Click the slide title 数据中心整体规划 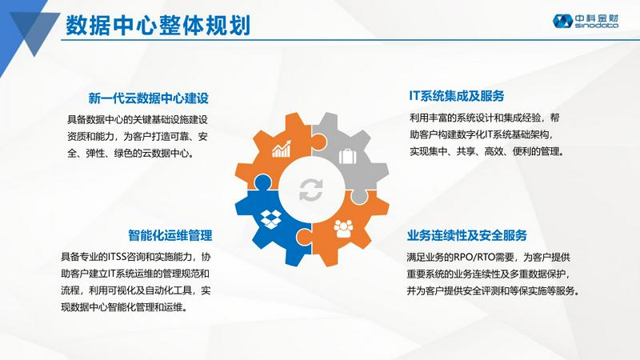158,26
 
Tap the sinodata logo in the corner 586,21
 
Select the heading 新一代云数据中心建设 149,98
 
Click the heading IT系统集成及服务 457,96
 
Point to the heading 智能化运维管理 170,235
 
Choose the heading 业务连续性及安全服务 467,235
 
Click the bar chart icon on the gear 282,149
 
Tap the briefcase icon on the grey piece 347,156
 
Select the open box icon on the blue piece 270,219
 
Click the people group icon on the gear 343,229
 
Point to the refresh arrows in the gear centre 311,190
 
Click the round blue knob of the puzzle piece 262,182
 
